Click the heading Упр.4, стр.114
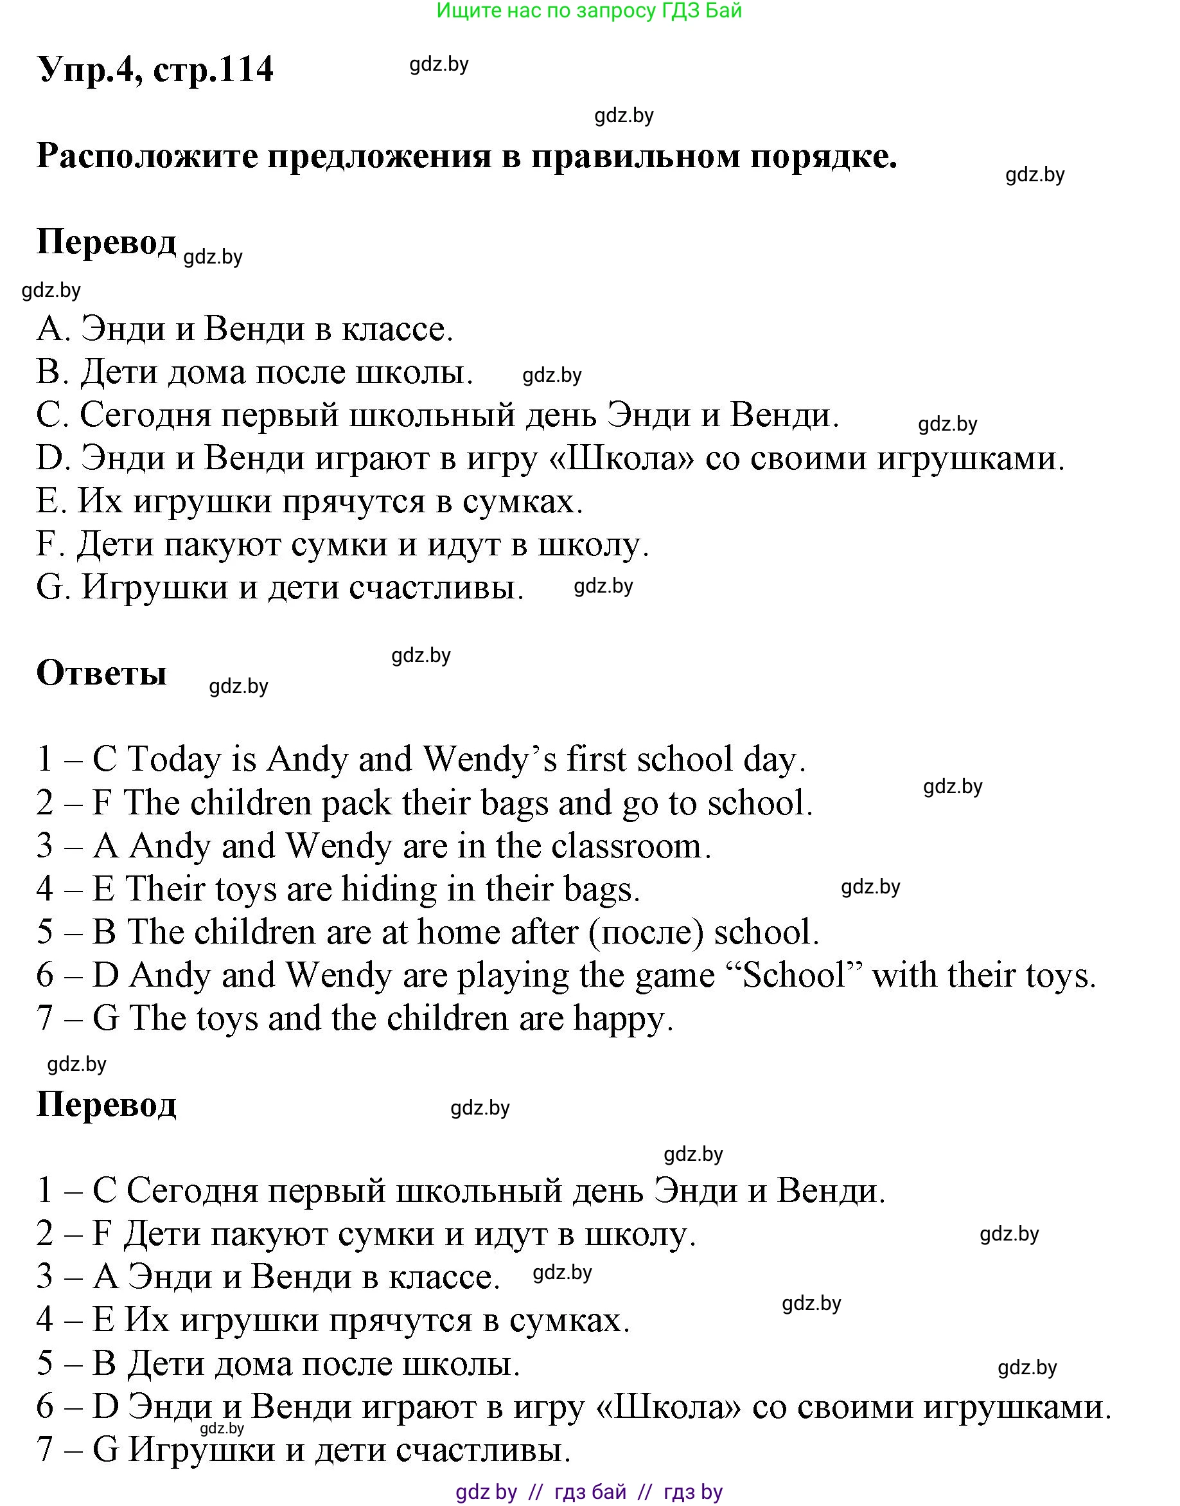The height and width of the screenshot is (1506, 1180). tap(155, 69)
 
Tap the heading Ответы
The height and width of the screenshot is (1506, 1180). tap(101, 672)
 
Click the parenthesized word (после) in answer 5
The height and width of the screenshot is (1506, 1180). tap(646, 933)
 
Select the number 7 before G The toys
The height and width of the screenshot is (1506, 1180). tap(44, 1019)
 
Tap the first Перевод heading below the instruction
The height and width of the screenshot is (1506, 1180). tap(107, 242)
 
